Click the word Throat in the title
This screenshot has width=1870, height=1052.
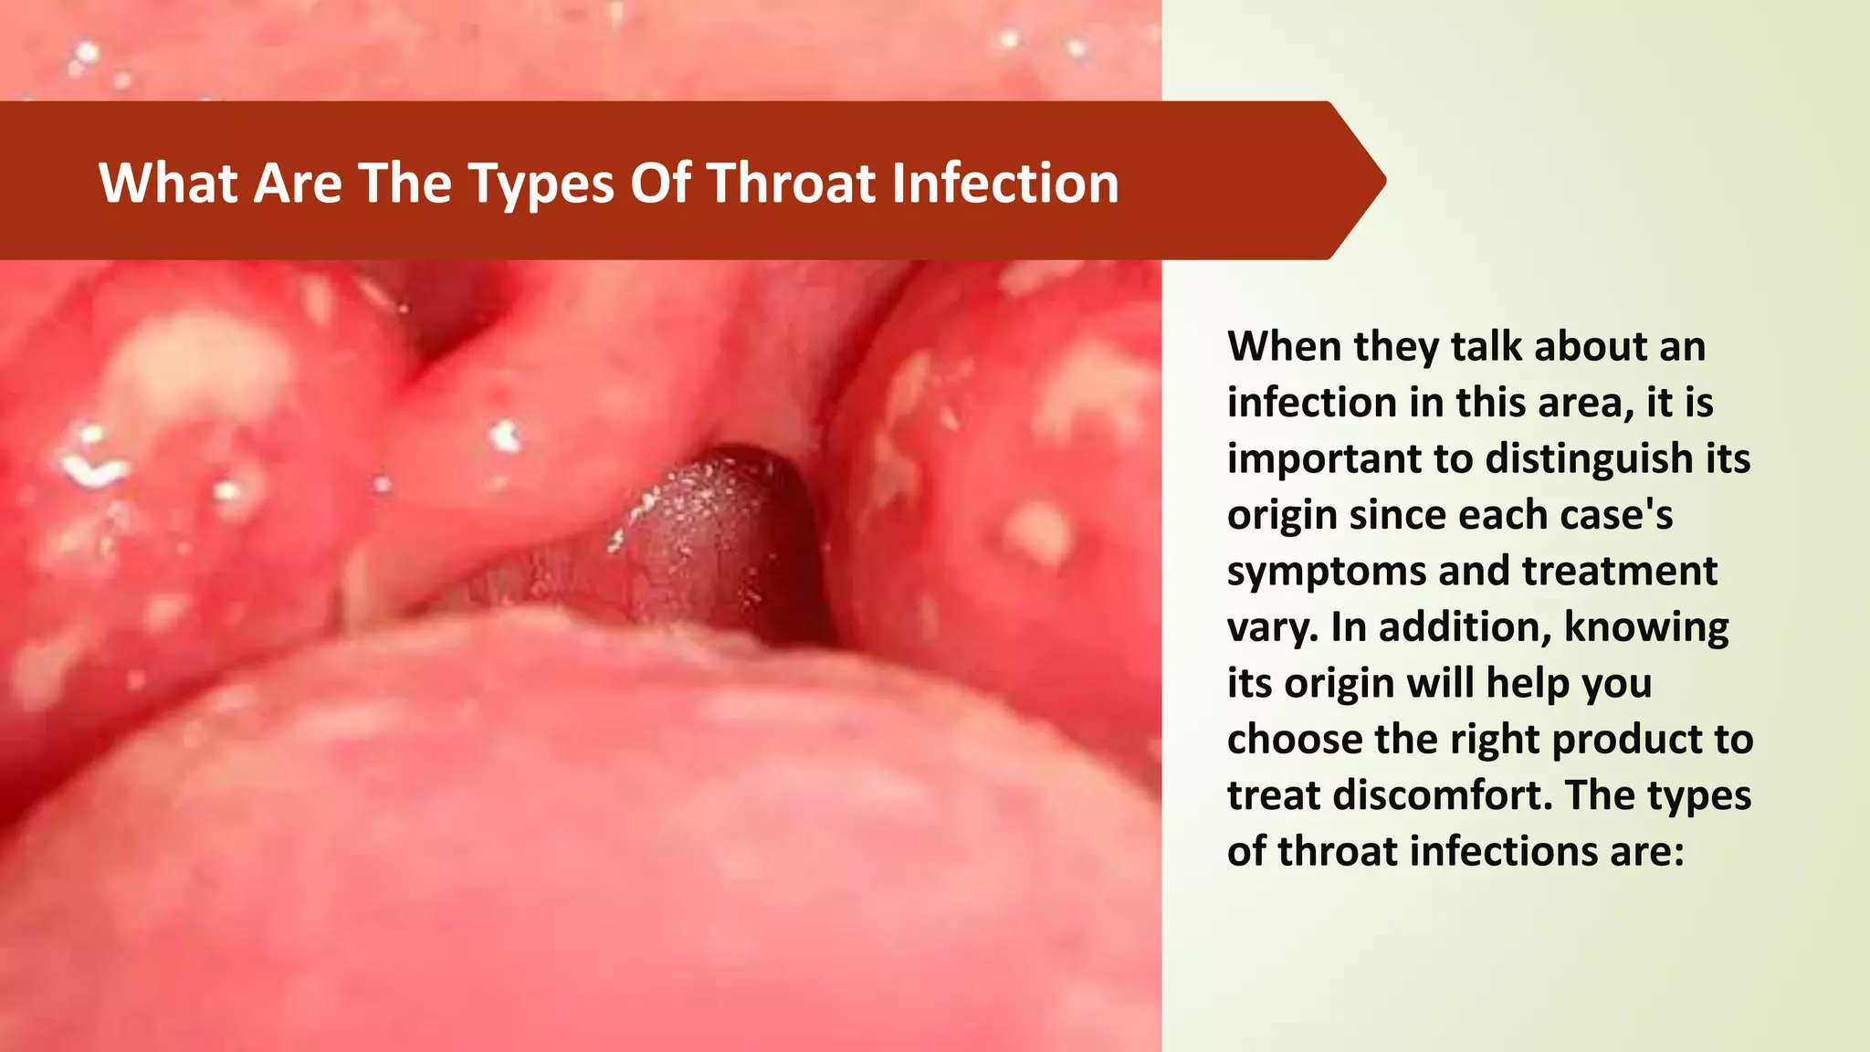[791, 183]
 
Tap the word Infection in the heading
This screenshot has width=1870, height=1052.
[1004, 183]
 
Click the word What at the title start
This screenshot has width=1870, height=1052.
[168, 183]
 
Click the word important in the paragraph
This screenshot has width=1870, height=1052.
[1323, 459]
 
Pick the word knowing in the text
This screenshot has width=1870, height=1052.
[1646, 628]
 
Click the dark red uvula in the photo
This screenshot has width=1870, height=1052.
[721, 539]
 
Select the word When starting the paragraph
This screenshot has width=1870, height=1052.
[1284, 347]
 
